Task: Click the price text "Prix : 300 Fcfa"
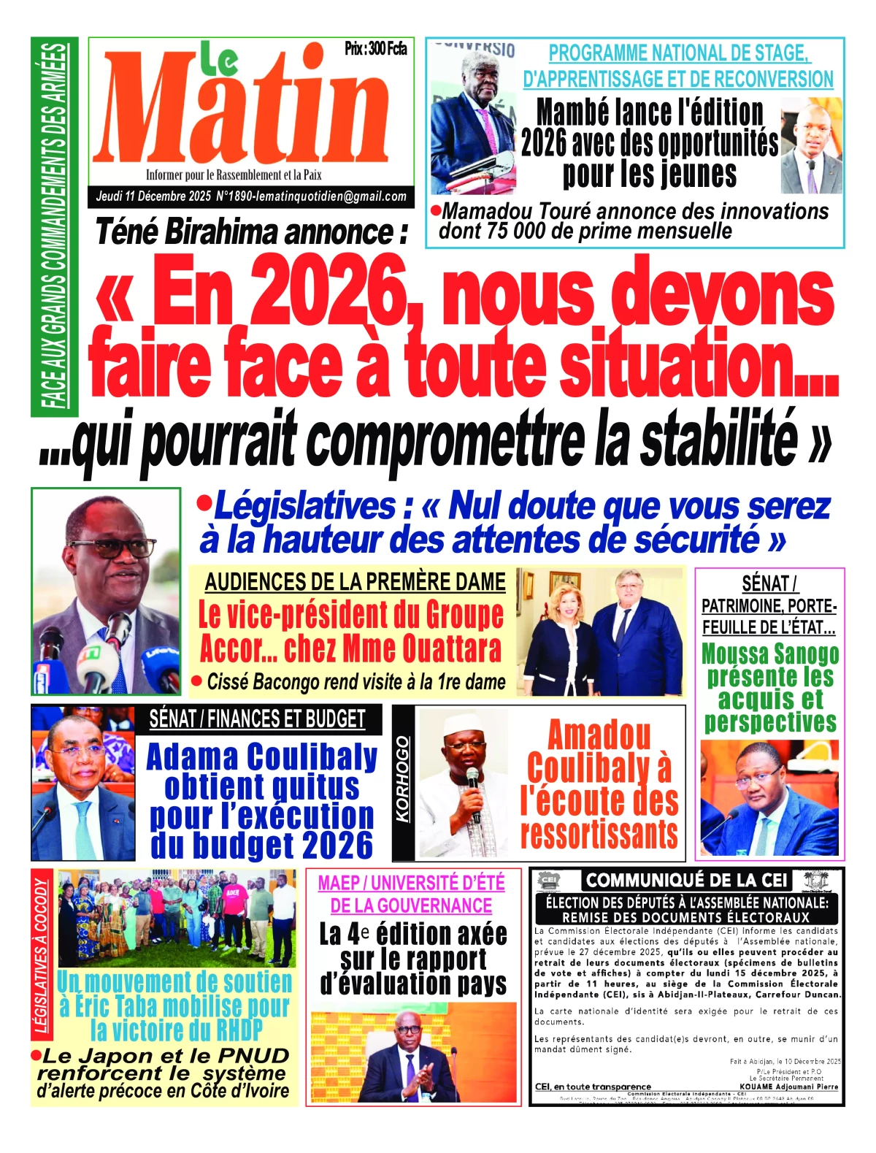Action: click(x=375, y=49)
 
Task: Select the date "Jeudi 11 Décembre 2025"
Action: click(x=153, y=196)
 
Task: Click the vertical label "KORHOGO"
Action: click(x=402, y=779)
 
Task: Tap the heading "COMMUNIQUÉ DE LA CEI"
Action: click(x=687, y=880)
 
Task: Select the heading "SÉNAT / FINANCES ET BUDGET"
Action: click(x=257, y=719)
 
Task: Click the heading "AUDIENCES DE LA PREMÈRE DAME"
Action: click(x=355, y=582)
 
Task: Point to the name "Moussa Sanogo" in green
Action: click(x=769, y=654)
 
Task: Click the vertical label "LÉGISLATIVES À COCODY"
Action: click(x=42, y=957)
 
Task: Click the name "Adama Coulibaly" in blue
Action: click(x=262, y=757)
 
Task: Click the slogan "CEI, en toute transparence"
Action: click(x=593, y=1087)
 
